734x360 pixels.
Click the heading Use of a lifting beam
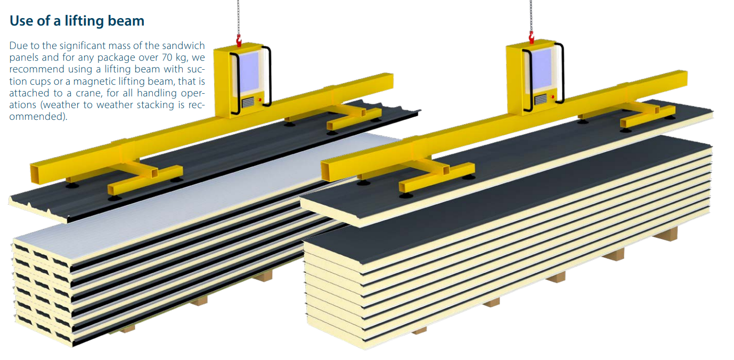(x=77, y=21)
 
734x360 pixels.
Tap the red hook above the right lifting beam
(x=531, y=36)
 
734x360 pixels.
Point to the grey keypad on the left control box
(x=248, y=102)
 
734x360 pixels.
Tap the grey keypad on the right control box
(x=541, y=99)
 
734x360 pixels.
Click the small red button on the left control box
(x=260, y=100)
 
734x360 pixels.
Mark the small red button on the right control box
(x=553, y=96)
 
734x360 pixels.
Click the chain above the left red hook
(x=238, y=16)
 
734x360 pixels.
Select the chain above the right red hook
(x=530, y=13)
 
